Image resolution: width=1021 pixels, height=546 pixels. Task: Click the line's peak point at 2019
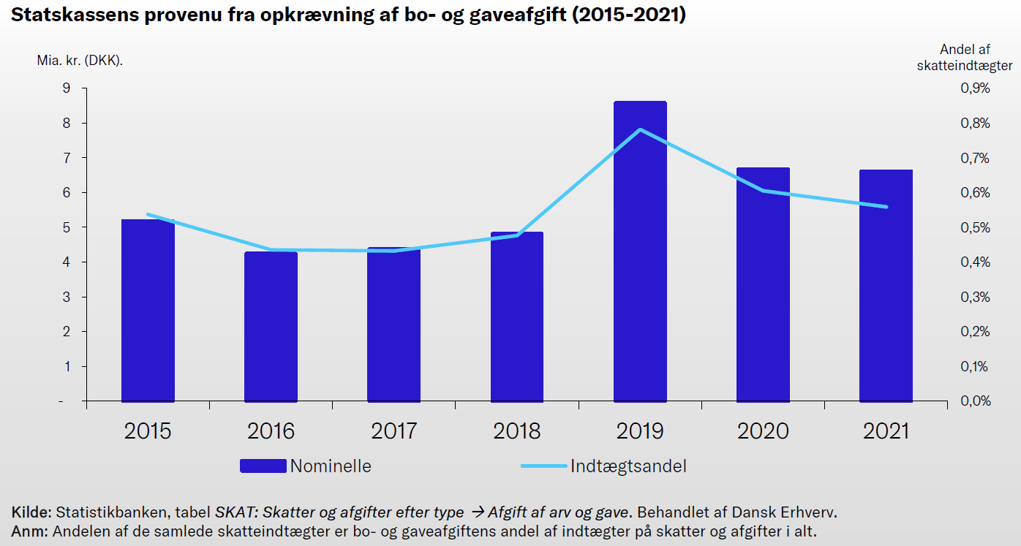click(641, 130)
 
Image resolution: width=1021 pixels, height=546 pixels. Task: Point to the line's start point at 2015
click(148, 214)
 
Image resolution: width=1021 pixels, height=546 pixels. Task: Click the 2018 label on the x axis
click(517, 431)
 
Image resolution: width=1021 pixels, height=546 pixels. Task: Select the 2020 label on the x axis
click(763, 431)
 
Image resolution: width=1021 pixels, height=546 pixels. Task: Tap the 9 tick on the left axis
click(67, 88)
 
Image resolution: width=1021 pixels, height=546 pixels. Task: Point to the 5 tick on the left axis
click(67, 227)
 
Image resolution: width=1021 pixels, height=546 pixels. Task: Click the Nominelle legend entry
click(330, 466)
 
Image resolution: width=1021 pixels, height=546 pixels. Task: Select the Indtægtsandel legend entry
click(628, 466)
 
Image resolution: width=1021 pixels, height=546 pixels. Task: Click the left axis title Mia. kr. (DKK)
click(80, 61)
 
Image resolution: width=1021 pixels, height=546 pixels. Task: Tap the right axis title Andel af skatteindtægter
click(965, 57)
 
